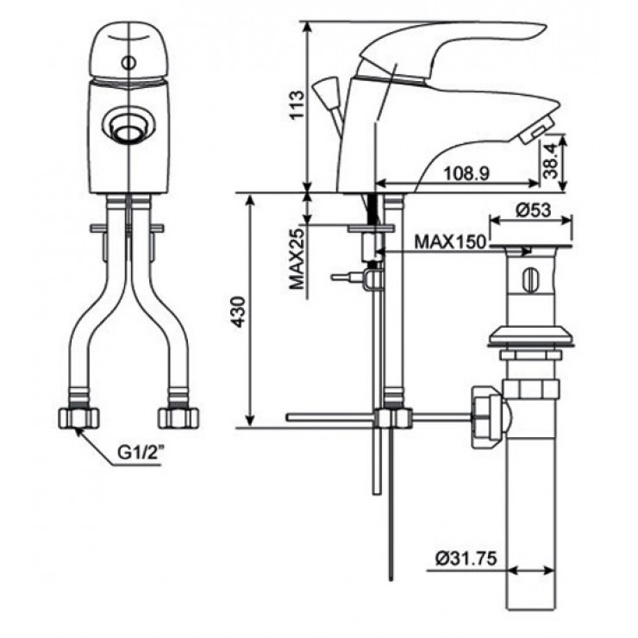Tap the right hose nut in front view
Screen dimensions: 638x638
(178, 418)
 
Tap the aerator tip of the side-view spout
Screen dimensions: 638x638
(531, 132)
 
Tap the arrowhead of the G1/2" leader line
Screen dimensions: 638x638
(77, 428)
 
